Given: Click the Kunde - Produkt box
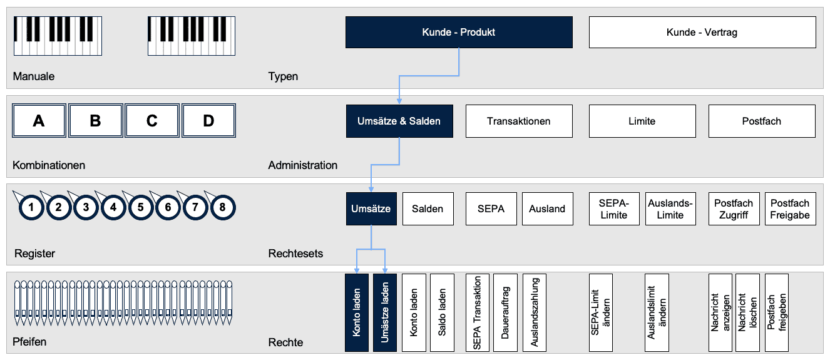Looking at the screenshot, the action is click(x=459, y=33).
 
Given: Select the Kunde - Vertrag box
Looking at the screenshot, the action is click(x=702, y=33).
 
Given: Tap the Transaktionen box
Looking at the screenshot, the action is click(x=519, y=121).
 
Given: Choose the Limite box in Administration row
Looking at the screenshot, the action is click(x=642, y=121).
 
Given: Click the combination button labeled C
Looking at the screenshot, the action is click(x=152, y=121).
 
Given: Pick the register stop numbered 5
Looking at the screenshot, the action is click(x=141, y=207).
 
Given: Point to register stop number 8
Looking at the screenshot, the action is click(x=223, y=207).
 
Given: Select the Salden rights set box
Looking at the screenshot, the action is click(x=428, y=208).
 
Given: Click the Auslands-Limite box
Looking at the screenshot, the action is click(x=670, y=208).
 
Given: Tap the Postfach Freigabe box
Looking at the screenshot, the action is click(x=791, y=208).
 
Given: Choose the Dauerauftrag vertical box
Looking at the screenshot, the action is click(x=505, y=312).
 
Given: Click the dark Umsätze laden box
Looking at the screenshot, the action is click(x=384, y=312).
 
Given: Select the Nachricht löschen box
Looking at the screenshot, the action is click(x=747, y=312).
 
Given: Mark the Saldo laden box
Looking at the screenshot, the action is click(x=442, y=312).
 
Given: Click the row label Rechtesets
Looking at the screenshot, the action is click(x=295, y=254).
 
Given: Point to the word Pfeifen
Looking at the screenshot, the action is click(x=29, y=341).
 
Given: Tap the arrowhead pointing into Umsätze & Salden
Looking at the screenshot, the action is click(x=399, y=101).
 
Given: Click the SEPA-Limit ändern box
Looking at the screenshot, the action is click(x=601, y=312).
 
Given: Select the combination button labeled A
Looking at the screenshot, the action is click(x=39, y=121).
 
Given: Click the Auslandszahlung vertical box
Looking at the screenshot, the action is click(x=535, y=312).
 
